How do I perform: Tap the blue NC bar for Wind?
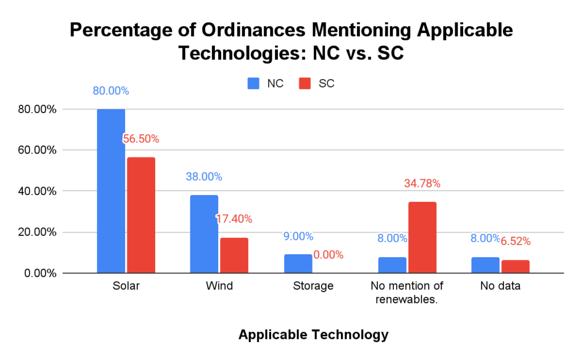[204, 234]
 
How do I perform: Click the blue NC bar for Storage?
[298, 264]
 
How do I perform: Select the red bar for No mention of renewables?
[422, 238]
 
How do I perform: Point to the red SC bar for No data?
[516, 267]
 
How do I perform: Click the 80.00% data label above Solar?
[111, 91]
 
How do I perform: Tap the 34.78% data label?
[422, 184]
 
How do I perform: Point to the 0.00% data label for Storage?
[329, 255]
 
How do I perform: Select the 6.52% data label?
[516, 242]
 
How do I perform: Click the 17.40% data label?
[234, 219]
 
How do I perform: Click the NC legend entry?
[266, 84]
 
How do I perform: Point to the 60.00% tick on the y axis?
[37, 150]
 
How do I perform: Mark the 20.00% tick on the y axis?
[37, 232]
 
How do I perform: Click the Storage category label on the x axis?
[313, 286]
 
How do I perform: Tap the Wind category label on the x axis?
[219, 286]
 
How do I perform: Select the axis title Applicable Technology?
[313, 334]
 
